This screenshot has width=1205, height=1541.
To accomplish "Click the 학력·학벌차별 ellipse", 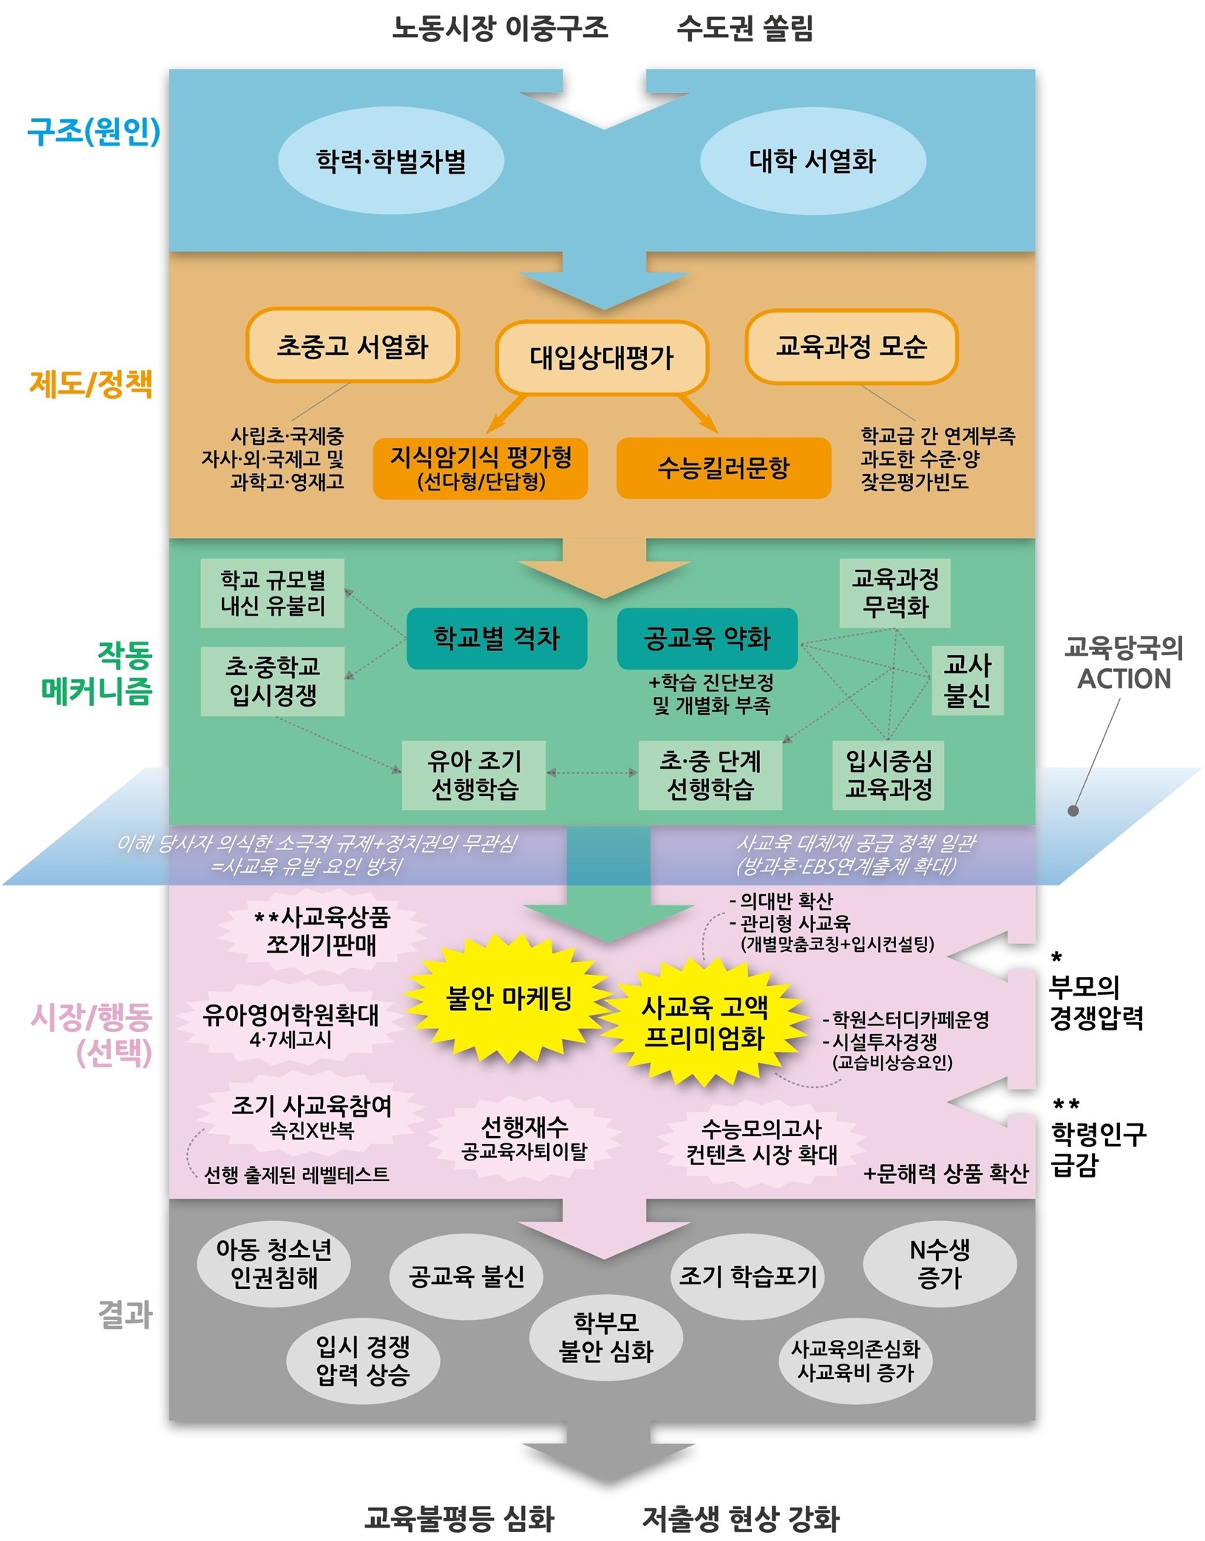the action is pos(391,160).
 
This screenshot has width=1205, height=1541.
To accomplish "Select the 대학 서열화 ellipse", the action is pos(812,160).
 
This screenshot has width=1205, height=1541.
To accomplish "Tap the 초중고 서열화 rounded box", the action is pos(353,346).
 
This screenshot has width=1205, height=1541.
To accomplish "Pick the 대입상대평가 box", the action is pos(602,358).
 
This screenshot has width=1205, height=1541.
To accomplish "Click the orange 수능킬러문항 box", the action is pos(724,468).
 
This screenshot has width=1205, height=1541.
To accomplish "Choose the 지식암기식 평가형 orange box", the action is pos(481,468).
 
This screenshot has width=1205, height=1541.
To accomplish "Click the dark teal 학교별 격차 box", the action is pos(497,639).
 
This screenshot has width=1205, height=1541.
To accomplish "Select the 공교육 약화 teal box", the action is pos(707,639).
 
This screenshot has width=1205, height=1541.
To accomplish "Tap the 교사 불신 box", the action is pos(968,680).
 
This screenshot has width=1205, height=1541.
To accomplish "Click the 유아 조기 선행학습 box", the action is pos(474,775).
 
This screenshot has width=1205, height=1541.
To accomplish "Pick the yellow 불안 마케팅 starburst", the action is pos(509,999).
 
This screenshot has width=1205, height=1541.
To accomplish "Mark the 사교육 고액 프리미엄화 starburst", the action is pos(705,1022).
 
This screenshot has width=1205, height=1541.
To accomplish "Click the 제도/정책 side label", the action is pos(92,384).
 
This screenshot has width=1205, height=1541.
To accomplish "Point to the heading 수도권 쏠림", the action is pos(744,29).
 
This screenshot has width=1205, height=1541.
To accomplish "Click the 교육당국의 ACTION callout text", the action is pos(1124,663).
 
